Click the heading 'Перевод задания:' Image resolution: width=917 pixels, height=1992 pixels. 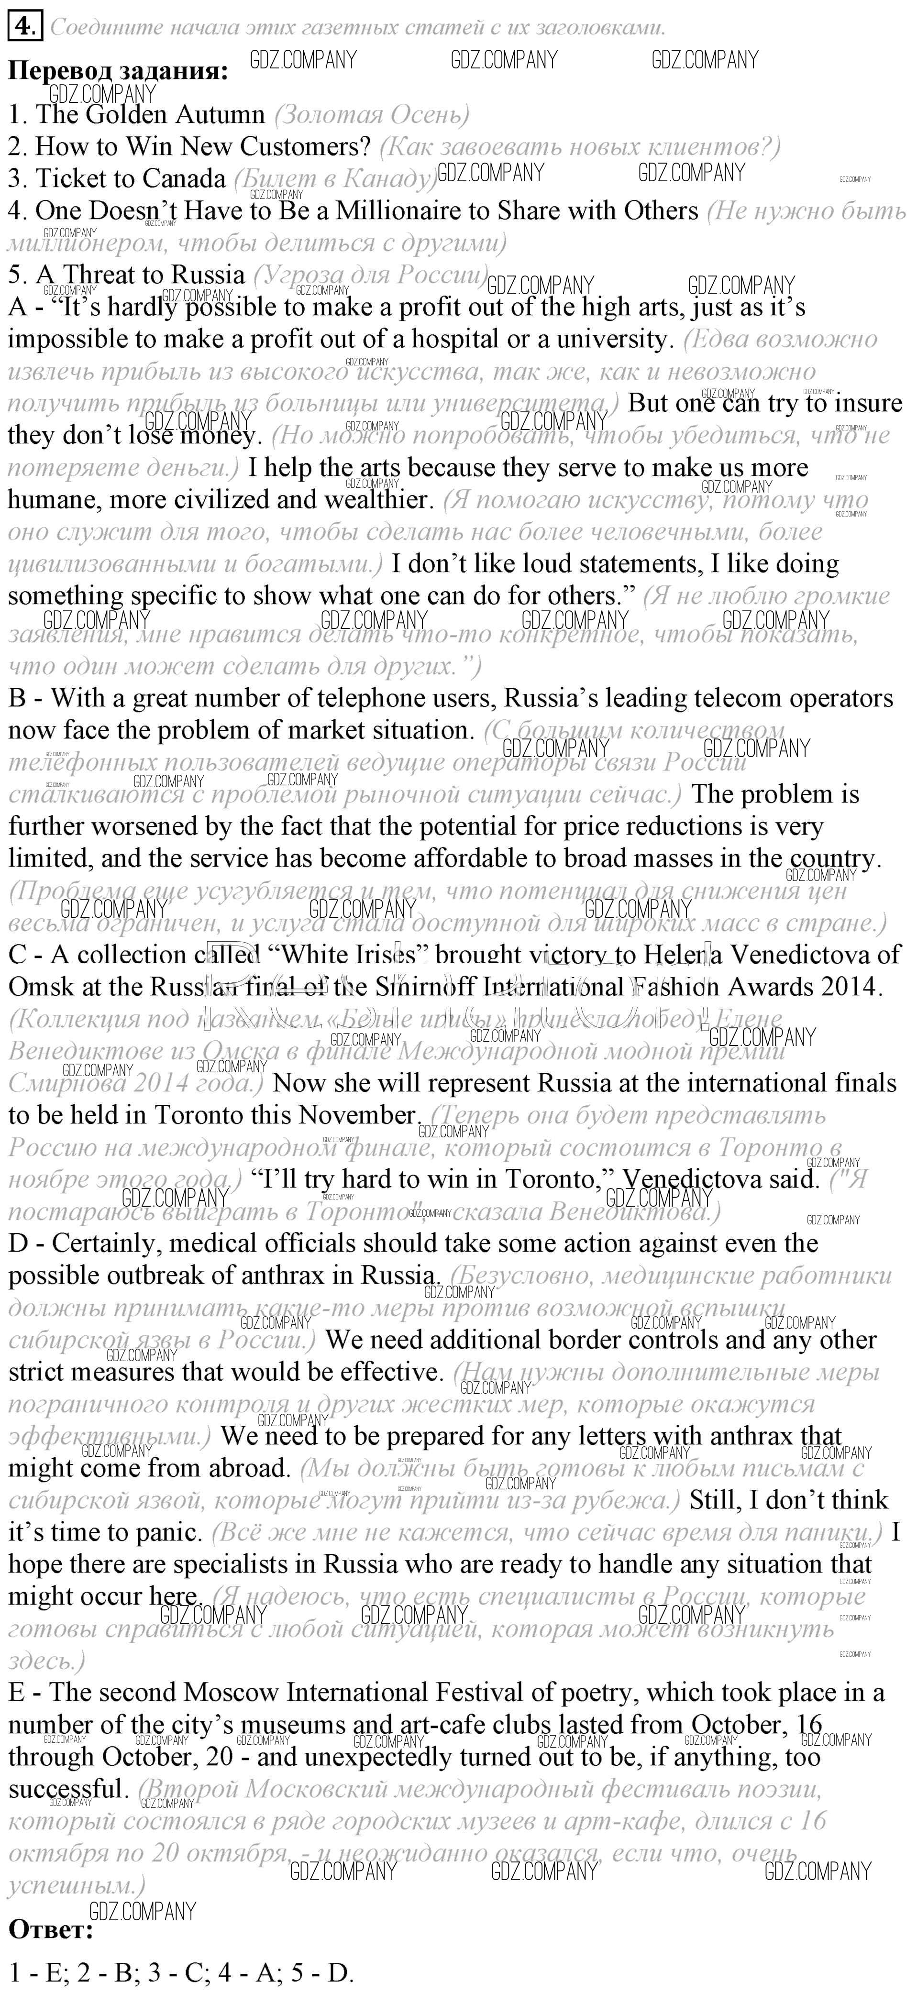coord(118,71)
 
